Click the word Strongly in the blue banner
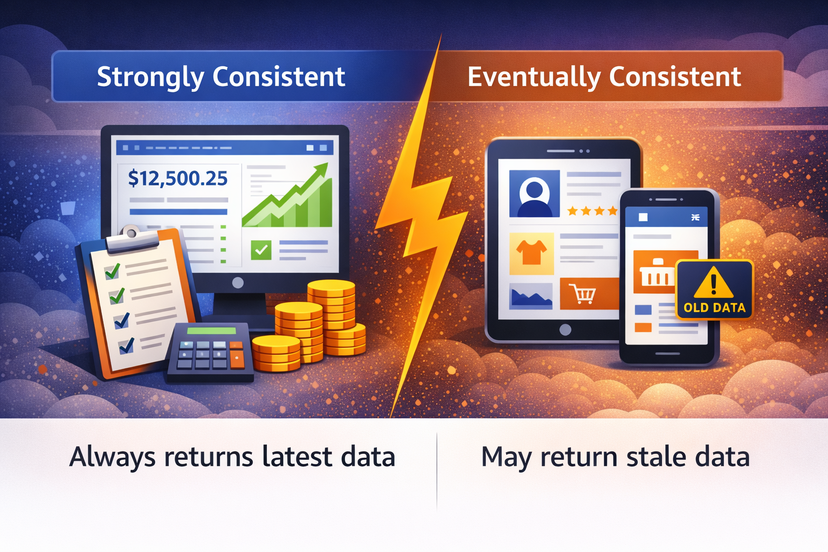click(x=150, y=77)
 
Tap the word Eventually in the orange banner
click(x=534, y=77)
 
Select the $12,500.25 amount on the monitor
click(x=178, y=178)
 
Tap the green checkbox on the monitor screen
click(x=261, y=250)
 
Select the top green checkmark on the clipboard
click(x=112, y=271)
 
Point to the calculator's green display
click(x=211, y=331)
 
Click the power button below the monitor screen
click(x=238, y=283)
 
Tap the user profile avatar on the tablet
click(x=534, y=194)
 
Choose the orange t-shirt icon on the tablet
click(x=532, y=253)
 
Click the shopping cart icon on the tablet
click(x=582, y=294)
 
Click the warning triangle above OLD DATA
click(x=713, y=283)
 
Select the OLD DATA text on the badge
click(x=714, y=308)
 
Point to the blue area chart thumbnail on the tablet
click(x=531, y=296)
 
